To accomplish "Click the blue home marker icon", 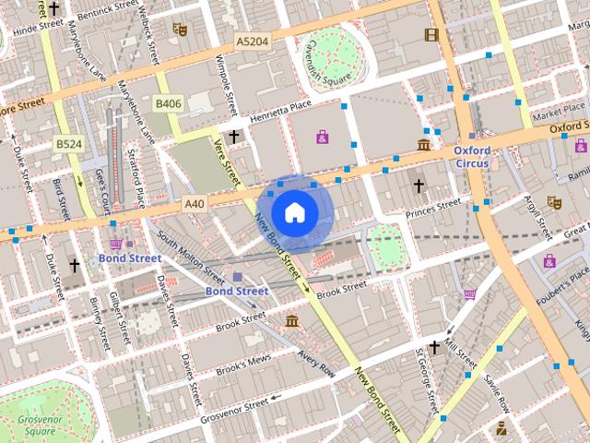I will coord(293,212).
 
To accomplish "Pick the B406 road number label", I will coord(168,104).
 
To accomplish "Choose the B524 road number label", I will coord(67,144).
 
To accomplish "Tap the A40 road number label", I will coord(194,203).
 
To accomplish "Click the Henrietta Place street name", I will coord(287,110).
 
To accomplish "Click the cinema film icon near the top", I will coord(431,35).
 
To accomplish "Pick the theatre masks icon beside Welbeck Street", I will coord(180,30).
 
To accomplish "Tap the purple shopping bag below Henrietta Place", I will coord(322,138).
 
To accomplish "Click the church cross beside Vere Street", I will coord(234,137).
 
